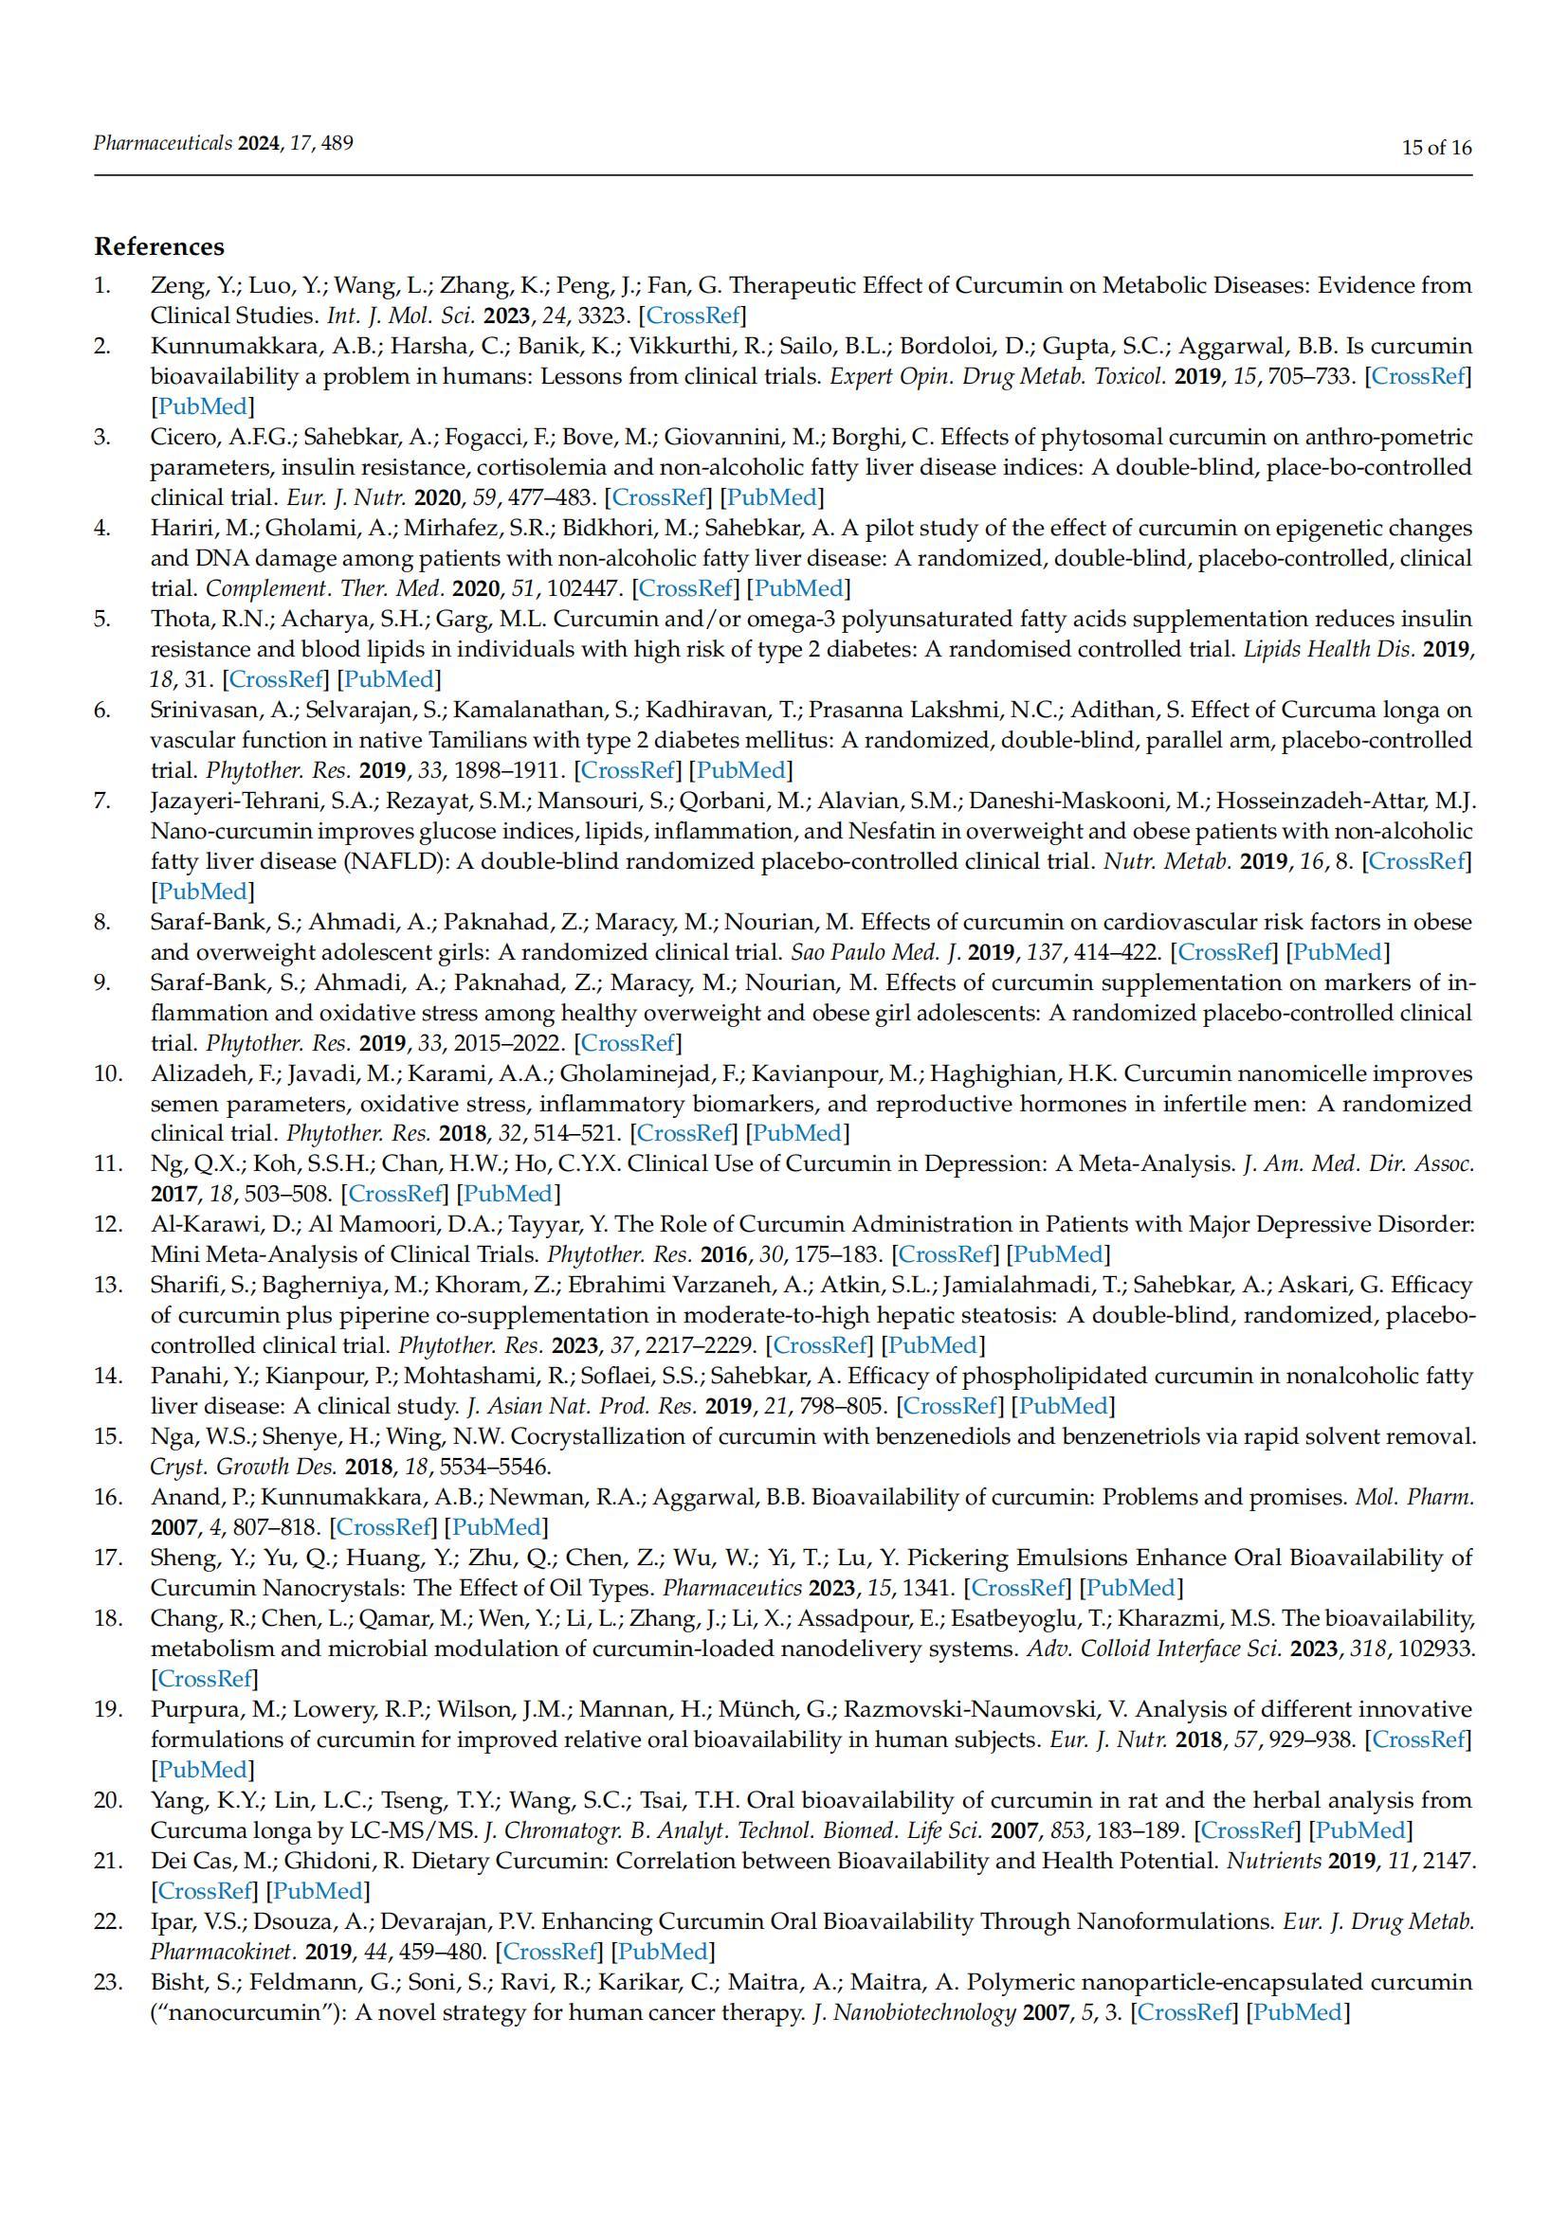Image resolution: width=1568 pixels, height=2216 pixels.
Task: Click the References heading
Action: pos(158,247)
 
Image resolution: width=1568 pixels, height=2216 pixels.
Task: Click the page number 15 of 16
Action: pos(1436,148)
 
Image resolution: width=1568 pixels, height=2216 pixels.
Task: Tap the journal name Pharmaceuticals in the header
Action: pos(162,144)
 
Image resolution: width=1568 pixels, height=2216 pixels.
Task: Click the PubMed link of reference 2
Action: pos(203,406)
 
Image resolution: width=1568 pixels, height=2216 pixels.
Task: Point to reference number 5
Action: pos(102,619)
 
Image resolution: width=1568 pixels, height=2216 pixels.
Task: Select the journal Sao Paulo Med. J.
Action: pos(876,952)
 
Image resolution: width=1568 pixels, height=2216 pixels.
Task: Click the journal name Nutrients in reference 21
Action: pos(1272,1861)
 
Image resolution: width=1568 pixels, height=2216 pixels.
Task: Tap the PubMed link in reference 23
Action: pos(1298,2012)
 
